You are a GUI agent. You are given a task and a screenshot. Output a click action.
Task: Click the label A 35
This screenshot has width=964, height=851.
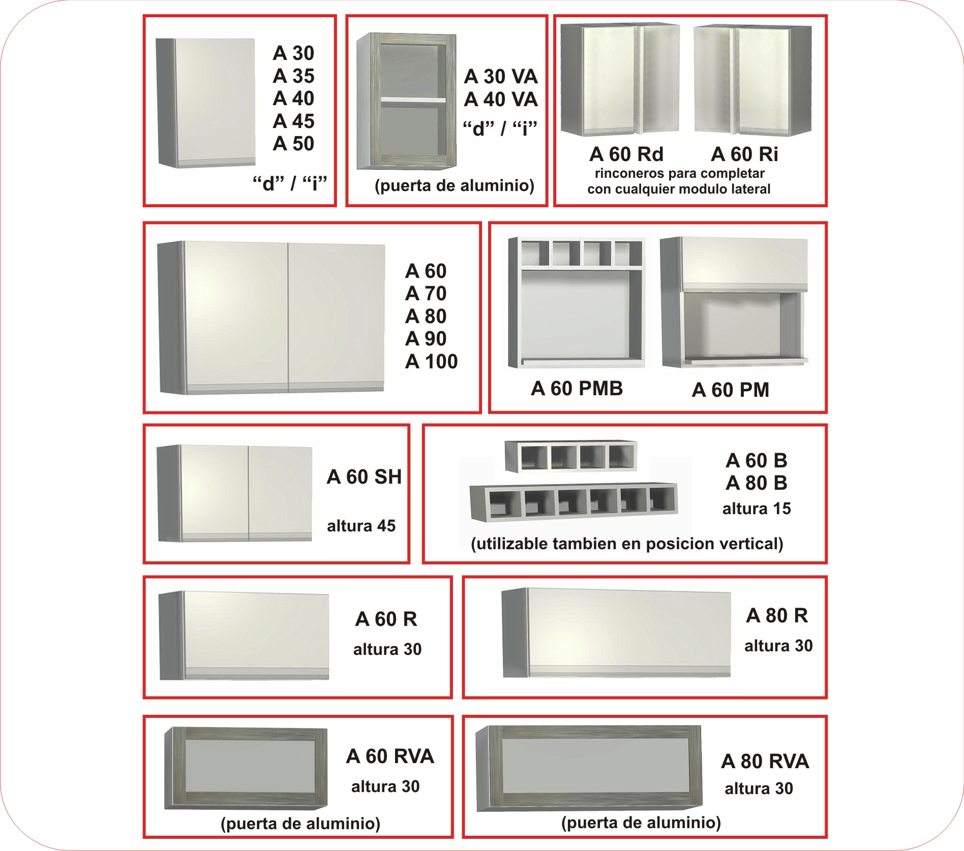[293, 76]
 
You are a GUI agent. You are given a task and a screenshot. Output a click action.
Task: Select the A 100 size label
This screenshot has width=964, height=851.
[431, 361]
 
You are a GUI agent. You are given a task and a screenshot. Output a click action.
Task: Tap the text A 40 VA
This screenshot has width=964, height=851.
[501, 99]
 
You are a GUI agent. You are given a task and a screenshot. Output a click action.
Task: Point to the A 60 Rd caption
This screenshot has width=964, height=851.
[626, 154]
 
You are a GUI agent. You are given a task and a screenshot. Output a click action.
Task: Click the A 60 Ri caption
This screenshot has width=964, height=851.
[744, 154]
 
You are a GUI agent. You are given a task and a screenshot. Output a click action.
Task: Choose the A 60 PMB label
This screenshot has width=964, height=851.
[577, 388]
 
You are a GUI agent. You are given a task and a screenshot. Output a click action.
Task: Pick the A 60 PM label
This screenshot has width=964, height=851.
[730, 390]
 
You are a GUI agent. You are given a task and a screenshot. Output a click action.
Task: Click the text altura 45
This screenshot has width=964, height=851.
[361, 525]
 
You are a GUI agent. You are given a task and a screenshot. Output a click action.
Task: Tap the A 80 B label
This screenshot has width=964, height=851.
[757, 483]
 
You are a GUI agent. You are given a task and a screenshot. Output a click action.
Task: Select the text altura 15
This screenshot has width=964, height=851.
[757, 508]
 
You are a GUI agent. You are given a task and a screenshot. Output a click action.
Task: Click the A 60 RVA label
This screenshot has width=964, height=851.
[390, 756]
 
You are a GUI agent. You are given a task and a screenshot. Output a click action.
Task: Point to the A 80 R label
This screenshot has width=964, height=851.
[777, 615]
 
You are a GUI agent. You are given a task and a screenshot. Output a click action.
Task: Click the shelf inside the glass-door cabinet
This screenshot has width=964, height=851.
[413, 100]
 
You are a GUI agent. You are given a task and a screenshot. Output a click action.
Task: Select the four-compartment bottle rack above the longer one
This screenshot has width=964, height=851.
[570, 456]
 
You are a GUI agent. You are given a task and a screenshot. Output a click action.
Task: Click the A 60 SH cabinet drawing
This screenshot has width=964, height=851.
[234, 493]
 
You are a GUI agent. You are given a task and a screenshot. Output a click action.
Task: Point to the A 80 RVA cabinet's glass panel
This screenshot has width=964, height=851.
[595, 766]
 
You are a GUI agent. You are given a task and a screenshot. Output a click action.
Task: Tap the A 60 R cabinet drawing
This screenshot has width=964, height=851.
[244, 635]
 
